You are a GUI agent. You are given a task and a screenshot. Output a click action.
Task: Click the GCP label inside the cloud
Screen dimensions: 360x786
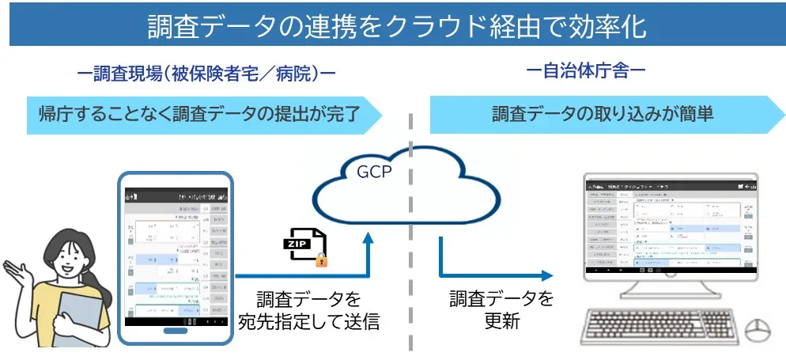[x=374, y=172]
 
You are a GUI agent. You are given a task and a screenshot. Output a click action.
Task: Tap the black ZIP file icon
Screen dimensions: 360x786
[x=300, y=243]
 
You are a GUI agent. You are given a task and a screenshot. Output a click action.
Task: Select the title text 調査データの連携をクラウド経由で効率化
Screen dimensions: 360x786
[x=392, y=25]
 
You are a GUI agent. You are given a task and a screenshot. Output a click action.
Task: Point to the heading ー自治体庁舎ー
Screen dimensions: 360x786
[x=586, y=71]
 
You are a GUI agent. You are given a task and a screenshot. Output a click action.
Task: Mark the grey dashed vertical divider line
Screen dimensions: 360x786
[x=411, y=237]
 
